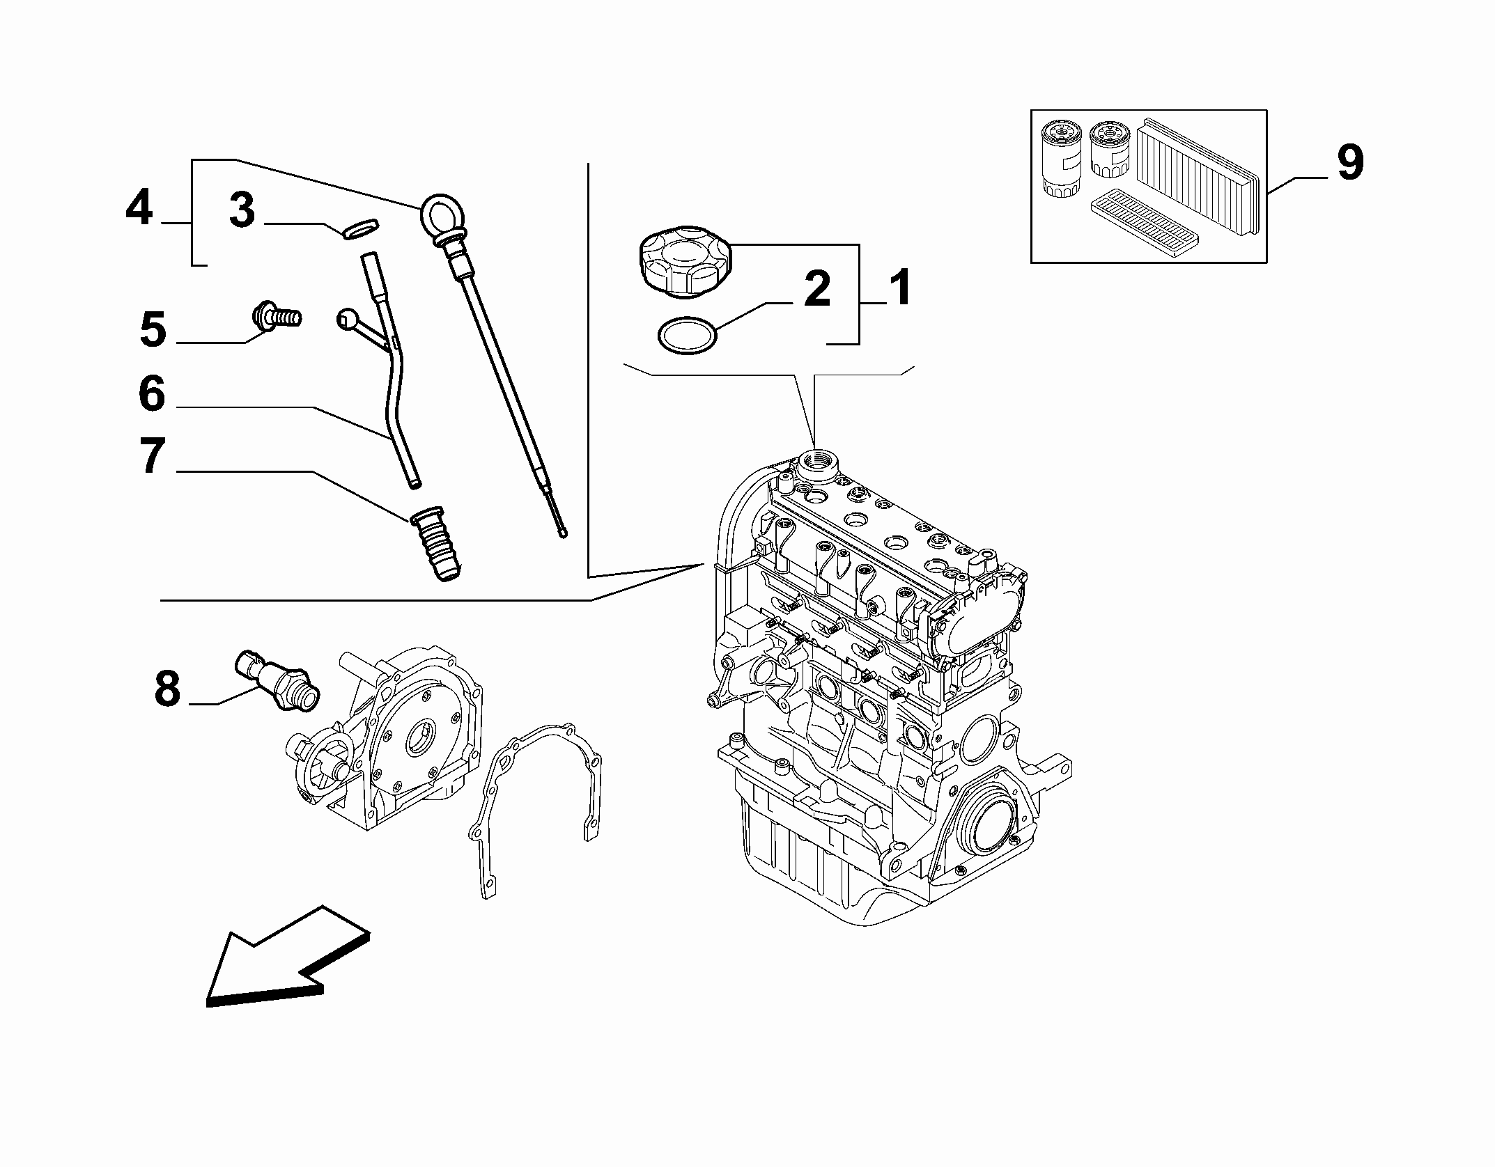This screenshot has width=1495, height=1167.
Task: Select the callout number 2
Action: point(816,289)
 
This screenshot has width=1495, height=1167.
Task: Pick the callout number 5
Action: point(153,329)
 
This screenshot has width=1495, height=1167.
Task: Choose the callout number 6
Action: point(152,394)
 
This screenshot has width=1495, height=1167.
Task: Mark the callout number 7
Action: point(153,457)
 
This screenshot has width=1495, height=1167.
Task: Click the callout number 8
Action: point(167,689)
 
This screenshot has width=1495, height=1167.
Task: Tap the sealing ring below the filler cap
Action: point(687,338)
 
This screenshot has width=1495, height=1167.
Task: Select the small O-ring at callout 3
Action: point(362,228)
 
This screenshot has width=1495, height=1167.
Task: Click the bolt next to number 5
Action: point(276,317)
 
